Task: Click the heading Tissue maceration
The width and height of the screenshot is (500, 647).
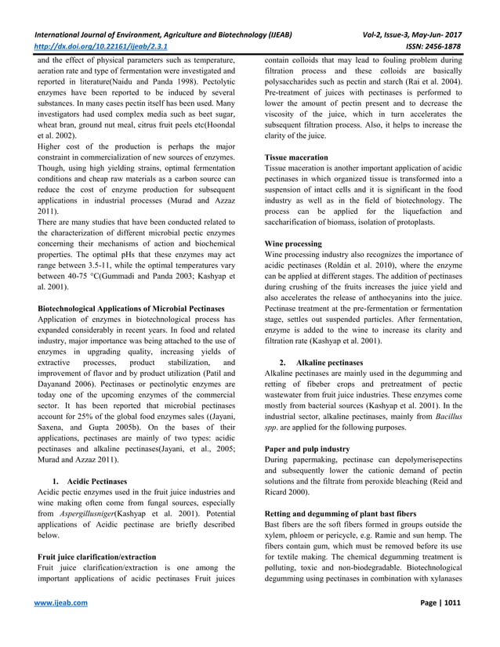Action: pyautogui.click(x=296, y=157)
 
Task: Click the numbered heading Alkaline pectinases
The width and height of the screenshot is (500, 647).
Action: pyautogui.click(x=328, y=363)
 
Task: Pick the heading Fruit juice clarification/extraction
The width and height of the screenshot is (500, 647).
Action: pyautogui.click(x=96, y=557)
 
